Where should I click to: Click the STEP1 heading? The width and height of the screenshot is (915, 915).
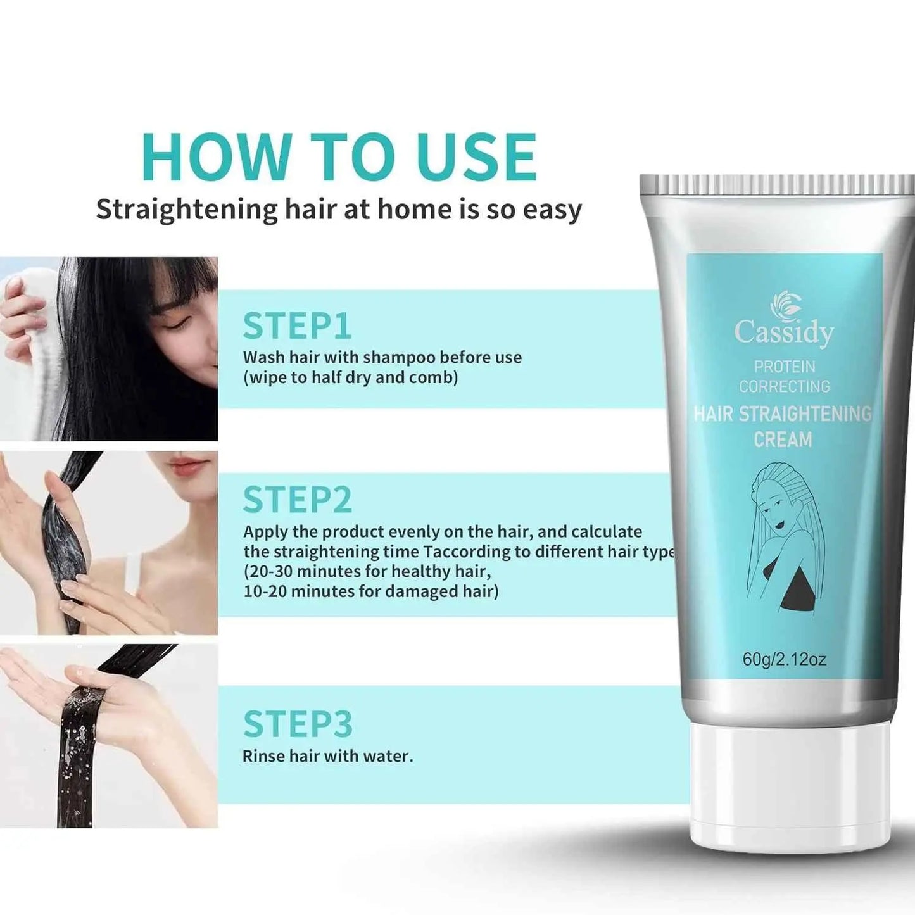pos(296,326)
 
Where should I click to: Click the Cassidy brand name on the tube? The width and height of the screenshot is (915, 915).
pos(783,332)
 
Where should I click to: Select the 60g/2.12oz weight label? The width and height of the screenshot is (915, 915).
pos(784,659)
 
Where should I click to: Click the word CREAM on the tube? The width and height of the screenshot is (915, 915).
pos(783,439)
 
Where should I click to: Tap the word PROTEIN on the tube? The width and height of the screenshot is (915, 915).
pos(784,367)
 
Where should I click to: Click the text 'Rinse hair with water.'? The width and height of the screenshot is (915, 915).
pos(327,756)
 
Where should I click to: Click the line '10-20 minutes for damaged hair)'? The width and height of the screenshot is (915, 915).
pos(370,591)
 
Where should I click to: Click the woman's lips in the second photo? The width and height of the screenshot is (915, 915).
pos(187,467)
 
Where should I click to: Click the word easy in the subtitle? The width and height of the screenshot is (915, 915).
pos(552,210)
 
